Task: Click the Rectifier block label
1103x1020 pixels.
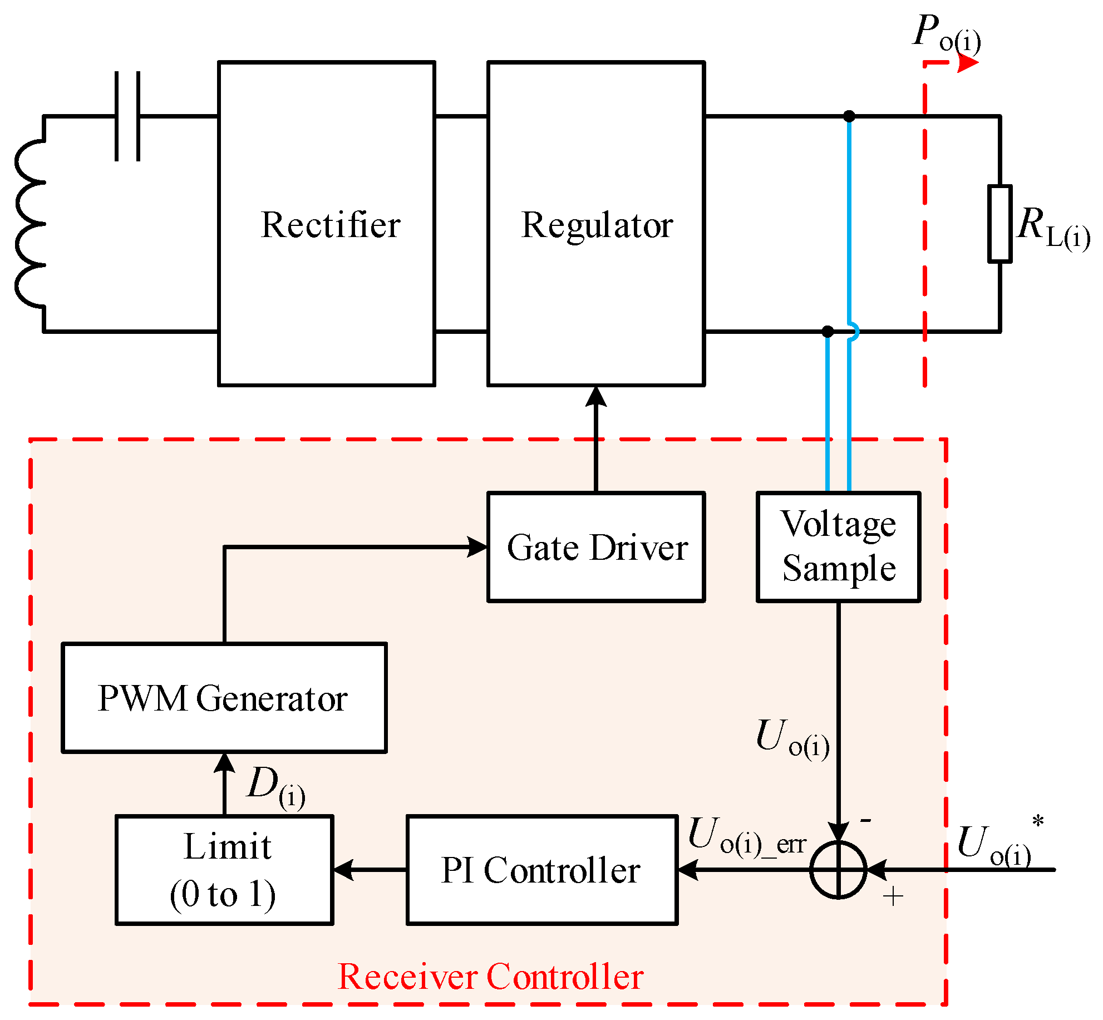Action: pyautogui.click(x=331, y=225)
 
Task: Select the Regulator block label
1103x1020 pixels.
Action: pyautogui.click(x=597, y=225)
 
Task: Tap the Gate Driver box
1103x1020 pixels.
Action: pyautogui.click(x=596, y=547)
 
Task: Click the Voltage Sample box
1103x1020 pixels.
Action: pyautogui.click(x=838, y=547)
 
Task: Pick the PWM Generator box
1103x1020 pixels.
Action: pyautogui.click(x=224, y=698)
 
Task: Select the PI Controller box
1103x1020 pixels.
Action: pyautogui.click(x=541, y=870)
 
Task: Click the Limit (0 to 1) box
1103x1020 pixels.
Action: pyautogui.click(x=224, y=870)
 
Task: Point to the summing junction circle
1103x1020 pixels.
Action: pyautogui.click(x=838, y=870)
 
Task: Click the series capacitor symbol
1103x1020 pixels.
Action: pyautogui.click(x=127, y=116)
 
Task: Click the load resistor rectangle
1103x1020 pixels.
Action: pyautogui.click(x=999, y=224)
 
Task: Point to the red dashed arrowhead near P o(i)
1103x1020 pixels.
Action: pyautogui.click(x=968, y=63)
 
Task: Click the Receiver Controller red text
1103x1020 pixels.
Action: pyautogui.click(x=490, y=977)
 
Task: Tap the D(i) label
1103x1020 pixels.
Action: pyautogui.click(x=276, y=787)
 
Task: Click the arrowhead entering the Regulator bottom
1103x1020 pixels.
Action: pyautogui.click(x=596, y=396)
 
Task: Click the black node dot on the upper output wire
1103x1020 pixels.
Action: pyautogui.click(x=849, y=116)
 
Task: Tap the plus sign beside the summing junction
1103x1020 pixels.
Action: pyautogui.click(x=893, y=896)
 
